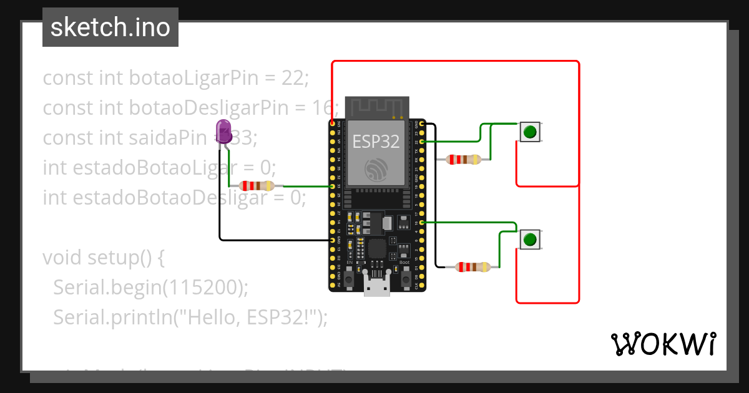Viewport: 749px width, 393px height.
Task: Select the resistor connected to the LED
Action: pyautogui.click(x=257, y=186)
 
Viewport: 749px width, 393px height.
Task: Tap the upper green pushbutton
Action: pyautogui.click(x=530, y=132)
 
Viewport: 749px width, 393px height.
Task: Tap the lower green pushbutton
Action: pyautogui.click(x=530, y=240)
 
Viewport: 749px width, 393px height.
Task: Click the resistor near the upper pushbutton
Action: pyautogui.click(x=464, y=160)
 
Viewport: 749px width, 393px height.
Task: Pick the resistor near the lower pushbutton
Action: pyautogui.click(x=473, y=267)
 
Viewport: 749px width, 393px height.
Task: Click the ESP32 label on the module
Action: pyautogui.click(x=376, y=142)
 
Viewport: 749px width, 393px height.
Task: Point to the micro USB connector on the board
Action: pyautogui.click(x=378, y=287)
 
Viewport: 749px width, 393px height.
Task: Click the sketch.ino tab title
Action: pyautogui.click(x=110, y=27)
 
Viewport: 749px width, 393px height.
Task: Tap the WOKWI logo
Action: pyautogui.click(x=663, y=344)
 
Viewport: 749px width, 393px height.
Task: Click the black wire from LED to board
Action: pyautogui.click(x=220, y=206)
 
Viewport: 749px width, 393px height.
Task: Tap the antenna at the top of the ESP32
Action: pyautogui.click(x=378, y=107)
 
